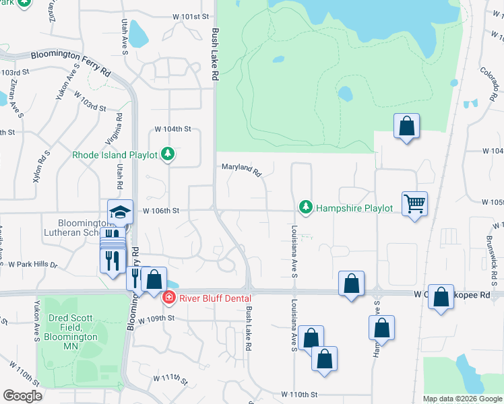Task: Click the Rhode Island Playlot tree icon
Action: tap(168, 155)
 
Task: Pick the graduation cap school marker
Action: tap(120, 211)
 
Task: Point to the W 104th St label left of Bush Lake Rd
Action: tap(173, 129)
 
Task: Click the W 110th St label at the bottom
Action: tap(298, 393)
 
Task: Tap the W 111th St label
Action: tap(169, 377)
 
